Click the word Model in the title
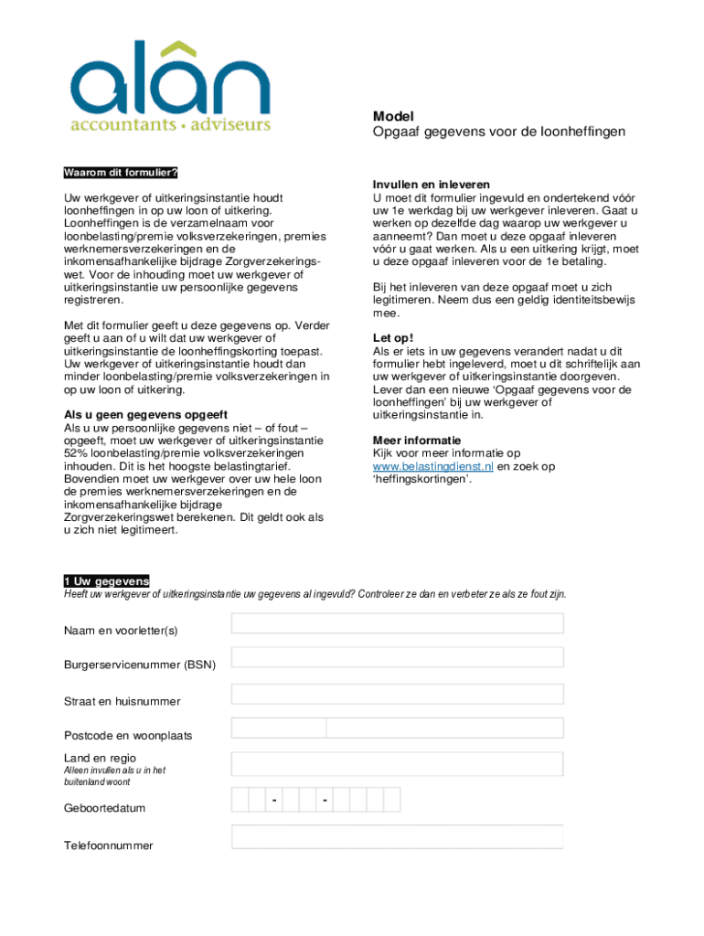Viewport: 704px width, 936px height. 393,116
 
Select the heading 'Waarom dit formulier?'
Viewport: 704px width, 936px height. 120,173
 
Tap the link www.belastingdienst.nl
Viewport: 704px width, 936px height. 433,466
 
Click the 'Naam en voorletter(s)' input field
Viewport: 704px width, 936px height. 397,623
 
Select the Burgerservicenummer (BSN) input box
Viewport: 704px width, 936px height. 397,657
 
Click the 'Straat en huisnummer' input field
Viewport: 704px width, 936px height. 397,694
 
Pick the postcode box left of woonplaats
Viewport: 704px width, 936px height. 279,728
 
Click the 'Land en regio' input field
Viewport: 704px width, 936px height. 397,764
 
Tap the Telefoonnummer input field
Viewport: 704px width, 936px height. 397,836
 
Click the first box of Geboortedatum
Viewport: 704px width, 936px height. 240,800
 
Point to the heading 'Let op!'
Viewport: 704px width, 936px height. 393,337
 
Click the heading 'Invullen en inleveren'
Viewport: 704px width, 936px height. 431,184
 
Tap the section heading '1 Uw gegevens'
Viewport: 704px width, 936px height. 106,581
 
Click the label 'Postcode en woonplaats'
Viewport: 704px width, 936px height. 128,735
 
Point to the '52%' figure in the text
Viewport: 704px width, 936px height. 76,453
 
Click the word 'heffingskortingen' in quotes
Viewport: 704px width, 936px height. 421,479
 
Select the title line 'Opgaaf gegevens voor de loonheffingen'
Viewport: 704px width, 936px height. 498,132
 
